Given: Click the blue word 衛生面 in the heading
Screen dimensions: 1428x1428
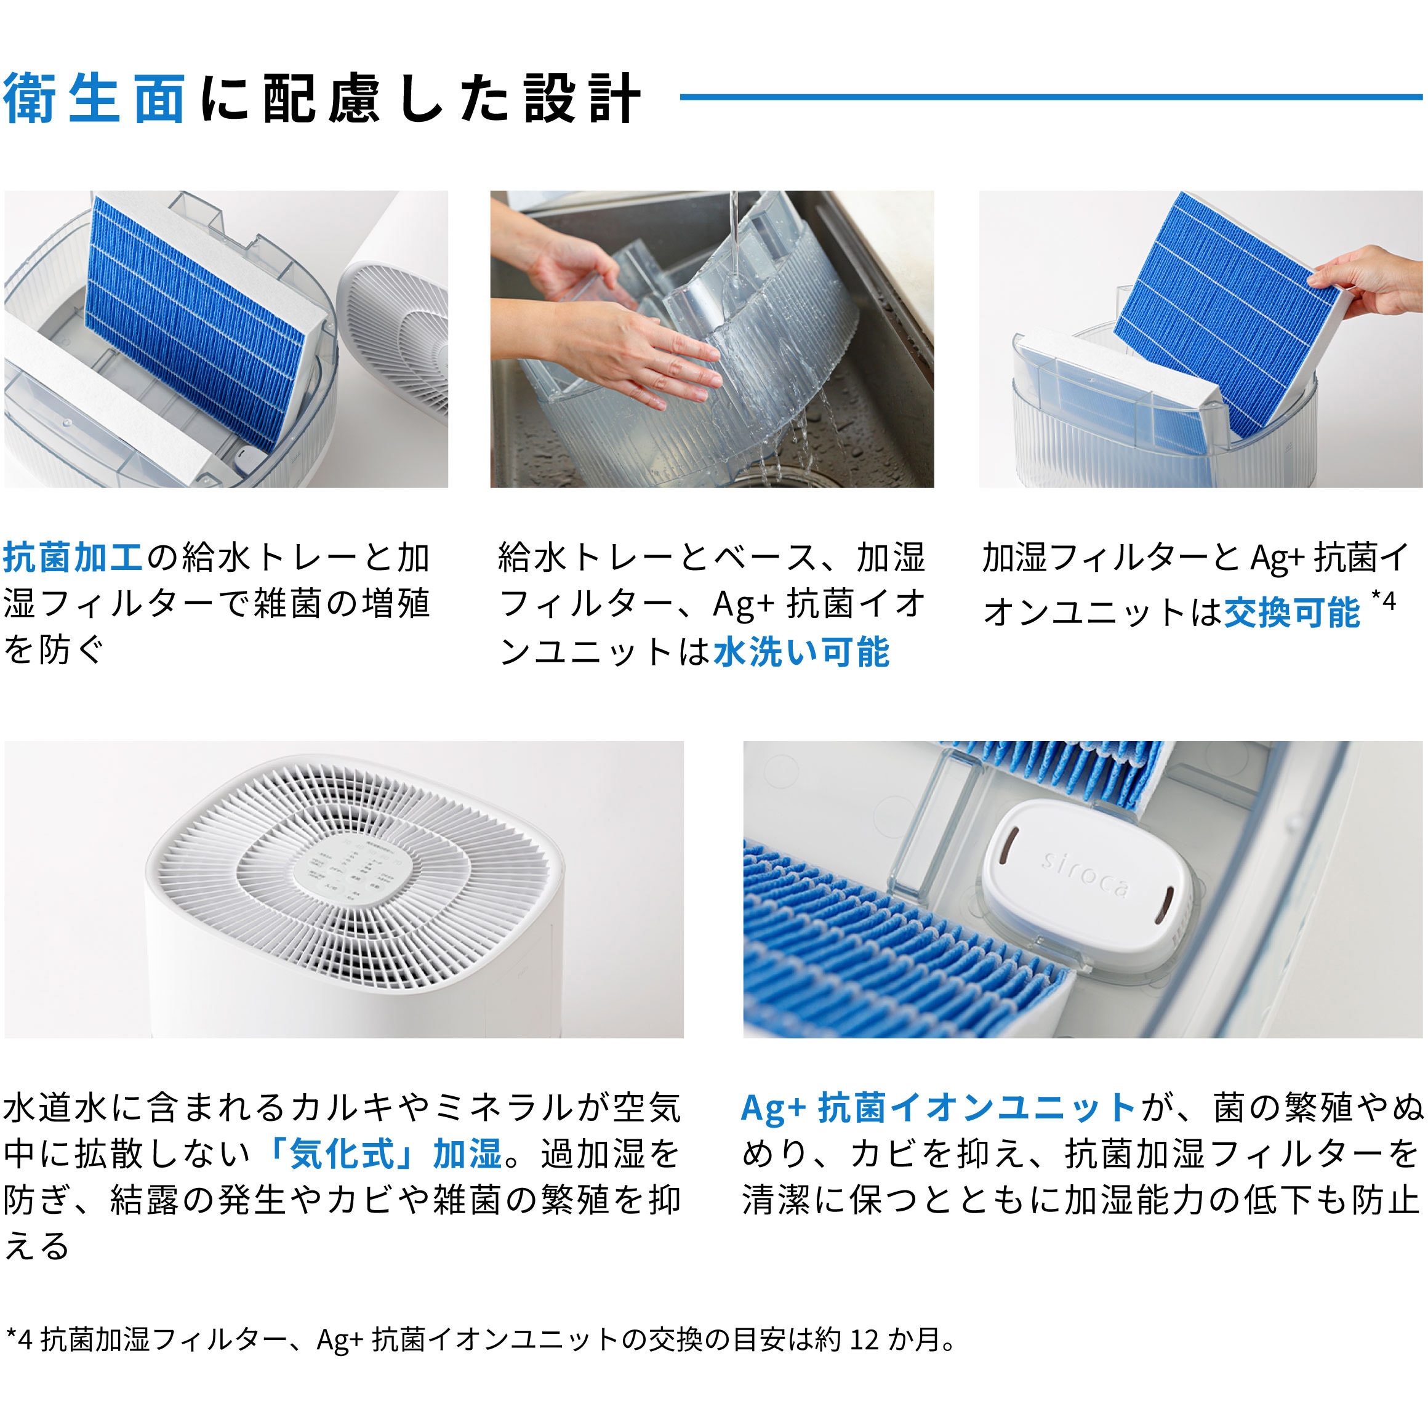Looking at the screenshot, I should coord(95,99).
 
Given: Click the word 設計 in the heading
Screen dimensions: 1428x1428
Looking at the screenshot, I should coord(582,99).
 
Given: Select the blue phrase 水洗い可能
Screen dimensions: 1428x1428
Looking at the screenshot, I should coord(801,652).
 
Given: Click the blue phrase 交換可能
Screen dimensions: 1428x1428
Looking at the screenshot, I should coord(1292,612).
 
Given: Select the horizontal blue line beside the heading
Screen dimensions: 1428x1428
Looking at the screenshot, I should coord(1049,97).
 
